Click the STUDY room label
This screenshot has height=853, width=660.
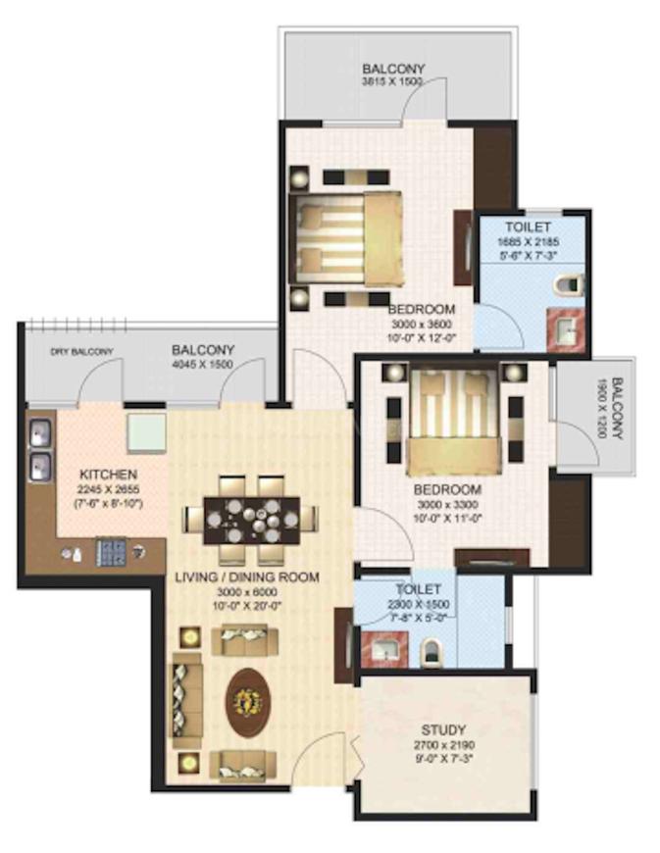click(x=443, y=730)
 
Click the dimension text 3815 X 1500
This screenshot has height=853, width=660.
click(x=392, y=83)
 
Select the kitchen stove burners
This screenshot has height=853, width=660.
click(x=109, y=553)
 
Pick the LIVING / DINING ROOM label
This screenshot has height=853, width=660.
click(x=246, y=577)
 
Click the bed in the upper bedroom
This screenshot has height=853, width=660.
click(x=343, y=238)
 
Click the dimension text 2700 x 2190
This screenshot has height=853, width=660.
click(x=443, y=746)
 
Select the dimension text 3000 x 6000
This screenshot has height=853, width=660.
click(x=246, y=592)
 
